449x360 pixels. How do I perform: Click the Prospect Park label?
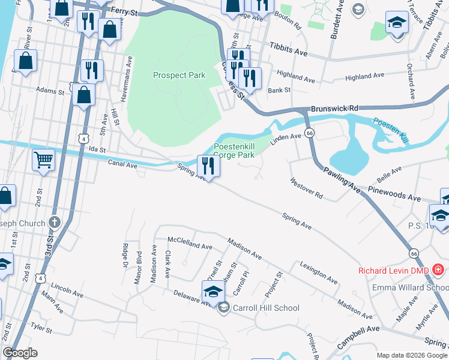point(179,75)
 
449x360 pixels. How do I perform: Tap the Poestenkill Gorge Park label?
point(234,151)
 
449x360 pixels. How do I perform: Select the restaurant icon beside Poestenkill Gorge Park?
point(208,166)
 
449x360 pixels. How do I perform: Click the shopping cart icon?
point(43,160)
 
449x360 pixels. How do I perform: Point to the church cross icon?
point(55,223)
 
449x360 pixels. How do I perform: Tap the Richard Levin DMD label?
point(393,271)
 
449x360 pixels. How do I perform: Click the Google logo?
point(20,353)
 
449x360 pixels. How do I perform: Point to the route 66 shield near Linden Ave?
point(309,132)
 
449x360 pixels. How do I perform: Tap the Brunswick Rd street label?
point(334,109)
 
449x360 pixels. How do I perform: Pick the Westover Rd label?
point(306,188)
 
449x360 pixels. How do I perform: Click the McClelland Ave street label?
point(190,243)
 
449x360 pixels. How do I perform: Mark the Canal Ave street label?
point(122,163)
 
